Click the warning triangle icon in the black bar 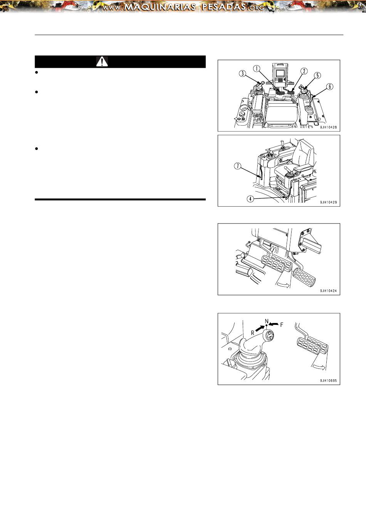coord(102,62)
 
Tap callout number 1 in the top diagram coord(257,68)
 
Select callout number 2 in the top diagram coord(304,71)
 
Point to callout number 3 coord(242,74)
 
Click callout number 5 coord(317,76)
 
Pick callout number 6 coord(329,87)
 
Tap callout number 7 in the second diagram coord(237,166)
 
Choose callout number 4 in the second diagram coord(250,198)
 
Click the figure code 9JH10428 coord(328,127)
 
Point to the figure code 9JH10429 coord(328,202)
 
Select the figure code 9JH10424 coord(328,291)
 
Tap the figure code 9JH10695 coord(328,380)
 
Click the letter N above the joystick coord(267,321)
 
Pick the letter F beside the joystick coord(282,325)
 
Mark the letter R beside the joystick coord(253,333)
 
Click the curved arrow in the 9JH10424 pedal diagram coord(283,285)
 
